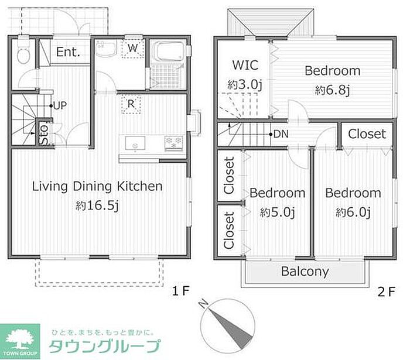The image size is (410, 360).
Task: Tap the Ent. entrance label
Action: tap(68, 52)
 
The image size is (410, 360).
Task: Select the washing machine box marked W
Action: tap(133, 48)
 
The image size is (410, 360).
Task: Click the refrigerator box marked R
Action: tap(131, 104)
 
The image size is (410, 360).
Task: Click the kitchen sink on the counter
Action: tap(135, 143)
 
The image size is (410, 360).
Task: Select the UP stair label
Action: tap(60, 105)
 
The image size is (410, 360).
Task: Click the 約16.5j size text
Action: tap(97, 206)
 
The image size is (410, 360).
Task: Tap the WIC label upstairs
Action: tap(245, 65)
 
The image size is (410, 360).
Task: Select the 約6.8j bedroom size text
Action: tap(332, 90)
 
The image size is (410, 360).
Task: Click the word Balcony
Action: tap(305, 272)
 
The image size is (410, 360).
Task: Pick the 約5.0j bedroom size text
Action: tap(278, 212)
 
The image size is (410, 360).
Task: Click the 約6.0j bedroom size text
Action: tap(353, 212)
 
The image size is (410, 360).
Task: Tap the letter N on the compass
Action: tap(203, 304)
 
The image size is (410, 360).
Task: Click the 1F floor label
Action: tap(180, 291)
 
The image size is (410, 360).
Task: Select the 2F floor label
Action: tap(386, 292)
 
